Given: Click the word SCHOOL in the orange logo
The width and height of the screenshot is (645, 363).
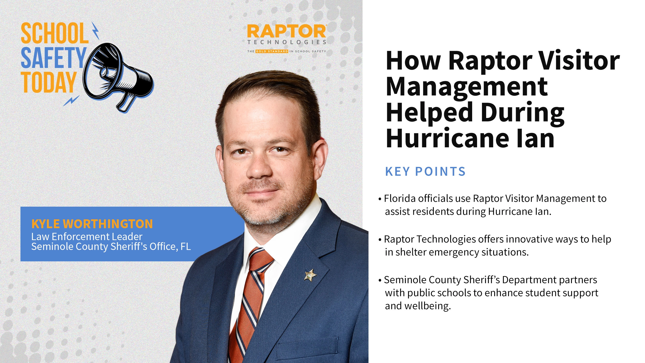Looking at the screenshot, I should click(x=54, y=33).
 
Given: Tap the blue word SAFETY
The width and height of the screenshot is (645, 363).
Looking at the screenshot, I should click(x=53, y=58).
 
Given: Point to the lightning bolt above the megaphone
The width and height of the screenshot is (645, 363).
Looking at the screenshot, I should click(x=96, y=31).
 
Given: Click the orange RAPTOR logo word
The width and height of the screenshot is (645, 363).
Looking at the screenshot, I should click(x=286, y=32).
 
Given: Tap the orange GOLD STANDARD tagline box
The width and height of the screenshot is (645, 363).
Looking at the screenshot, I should click(x=272, y=51).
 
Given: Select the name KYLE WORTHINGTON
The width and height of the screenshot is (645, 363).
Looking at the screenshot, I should click(x=92, y=224).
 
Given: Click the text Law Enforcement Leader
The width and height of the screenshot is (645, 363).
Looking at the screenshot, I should click(x=87, y=237).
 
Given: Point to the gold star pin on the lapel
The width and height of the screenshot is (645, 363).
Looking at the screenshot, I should click(x=310, y=275).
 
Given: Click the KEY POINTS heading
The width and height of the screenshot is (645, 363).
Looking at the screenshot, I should click(x=425, y=172).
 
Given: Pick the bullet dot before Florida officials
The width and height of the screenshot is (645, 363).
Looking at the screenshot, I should click(x=380, y=199).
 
